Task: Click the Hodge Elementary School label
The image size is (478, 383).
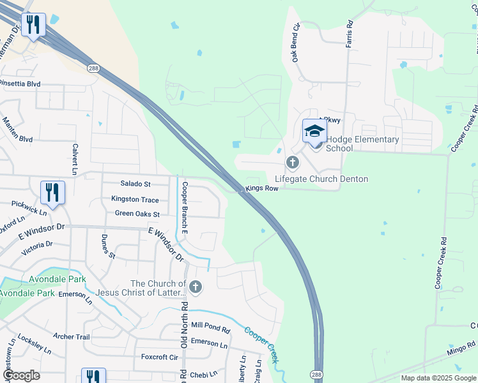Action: [x=362, y=144]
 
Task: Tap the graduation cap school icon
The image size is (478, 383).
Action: [x=314, y=131]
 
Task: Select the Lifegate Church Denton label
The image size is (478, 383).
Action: [x=321, y=179]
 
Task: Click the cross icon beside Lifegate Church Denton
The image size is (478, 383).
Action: [x=293, y=162]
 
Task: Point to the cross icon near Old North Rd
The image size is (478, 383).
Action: [x=196, y=288]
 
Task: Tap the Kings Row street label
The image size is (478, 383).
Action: [x=262, y=189]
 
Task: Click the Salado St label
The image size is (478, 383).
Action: [x=137, y=184]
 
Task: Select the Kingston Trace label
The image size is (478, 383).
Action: [x=135, y=200]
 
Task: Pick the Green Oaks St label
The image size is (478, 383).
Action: [x=137, y=213]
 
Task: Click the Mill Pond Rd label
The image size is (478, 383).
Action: [x=210, y=326]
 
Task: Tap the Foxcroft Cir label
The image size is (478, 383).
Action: [x=159, y=357]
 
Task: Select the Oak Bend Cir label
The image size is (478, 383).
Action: [x=297, y=43]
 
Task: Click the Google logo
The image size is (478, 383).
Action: [x=21, y=376]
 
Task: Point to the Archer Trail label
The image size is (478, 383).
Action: [x=72, y=336]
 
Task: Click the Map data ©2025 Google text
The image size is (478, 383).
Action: [x=438, y=378]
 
